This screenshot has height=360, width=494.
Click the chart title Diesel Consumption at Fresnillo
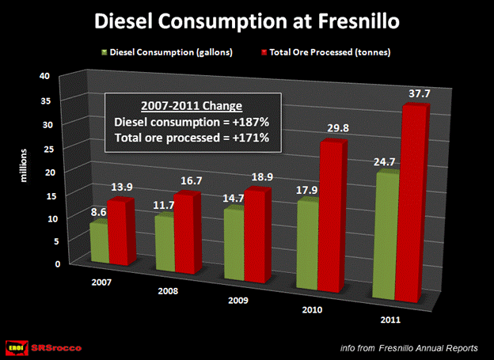pos(246,21)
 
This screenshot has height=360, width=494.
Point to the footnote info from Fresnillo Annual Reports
pos(407,347)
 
